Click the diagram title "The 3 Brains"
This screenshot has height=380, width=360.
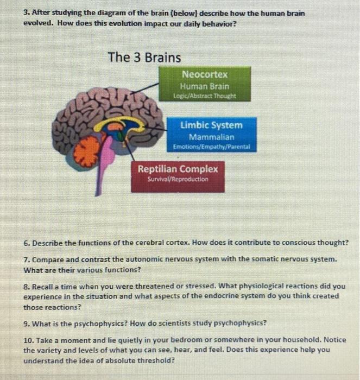pos(144,57)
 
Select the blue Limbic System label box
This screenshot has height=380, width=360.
pos(211,135)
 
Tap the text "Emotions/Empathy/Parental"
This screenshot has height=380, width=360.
pos(211,147)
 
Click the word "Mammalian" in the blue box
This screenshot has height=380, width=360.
pos(211,137)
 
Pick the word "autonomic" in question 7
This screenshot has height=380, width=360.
pos(130,259)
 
